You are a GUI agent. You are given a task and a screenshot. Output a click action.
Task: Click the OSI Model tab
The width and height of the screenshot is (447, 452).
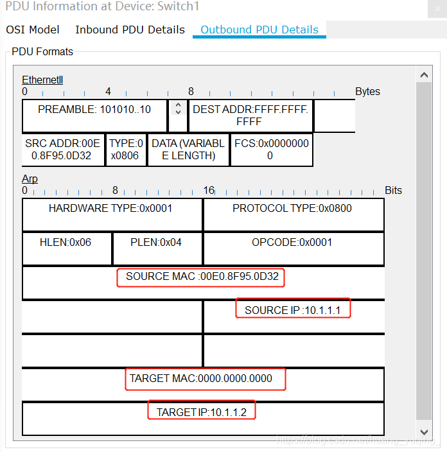click(32, 30)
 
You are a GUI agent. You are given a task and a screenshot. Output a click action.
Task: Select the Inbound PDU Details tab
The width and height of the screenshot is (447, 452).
click(130, 30)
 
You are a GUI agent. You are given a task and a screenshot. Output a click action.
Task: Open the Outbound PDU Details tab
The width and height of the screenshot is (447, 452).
click(259, 30)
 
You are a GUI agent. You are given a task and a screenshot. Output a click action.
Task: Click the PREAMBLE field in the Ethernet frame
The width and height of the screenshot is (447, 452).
click(94, 110)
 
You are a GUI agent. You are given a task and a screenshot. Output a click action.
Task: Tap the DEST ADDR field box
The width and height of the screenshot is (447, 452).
click(250, 115)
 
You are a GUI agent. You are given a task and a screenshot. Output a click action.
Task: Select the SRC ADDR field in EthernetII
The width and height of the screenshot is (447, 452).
click(62, 150)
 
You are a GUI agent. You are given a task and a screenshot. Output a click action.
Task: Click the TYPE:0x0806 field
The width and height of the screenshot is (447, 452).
click(126, 150)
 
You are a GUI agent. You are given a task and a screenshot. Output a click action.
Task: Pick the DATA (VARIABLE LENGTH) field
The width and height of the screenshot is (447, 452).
click(188, 150)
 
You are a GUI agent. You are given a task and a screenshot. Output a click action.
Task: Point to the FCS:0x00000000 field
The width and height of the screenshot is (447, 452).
click(270, 150)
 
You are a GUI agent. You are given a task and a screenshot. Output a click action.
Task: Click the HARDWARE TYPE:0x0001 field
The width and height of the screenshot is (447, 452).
click(110, 209)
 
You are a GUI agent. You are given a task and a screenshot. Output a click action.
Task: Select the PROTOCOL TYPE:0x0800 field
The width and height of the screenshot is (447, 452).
click(292, 209)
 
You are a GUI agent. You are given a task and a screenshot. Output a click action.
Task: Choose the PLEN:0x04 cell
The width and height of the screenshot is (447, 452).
click(156, 243)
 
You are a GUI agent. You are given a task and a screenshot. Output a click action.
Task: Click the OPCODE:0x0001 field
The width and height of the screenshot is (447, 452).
click(292, 243)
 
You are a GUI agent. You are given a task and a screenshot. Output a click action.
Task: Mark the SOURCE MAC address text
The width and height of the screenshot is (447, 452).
click(202, 277)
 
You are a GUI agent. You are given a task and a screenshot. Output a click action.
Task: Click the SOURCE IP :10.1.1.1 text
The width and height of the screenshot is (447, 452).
click(292, 310)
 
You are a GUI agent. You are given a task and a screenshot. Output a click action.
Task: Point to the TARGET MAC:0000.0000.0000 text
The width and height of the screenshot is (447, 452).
click(201, 378)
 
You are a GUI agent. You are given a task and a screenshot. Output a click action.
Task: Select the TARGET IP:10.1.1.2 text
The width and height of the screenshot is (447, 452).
click(202, 412)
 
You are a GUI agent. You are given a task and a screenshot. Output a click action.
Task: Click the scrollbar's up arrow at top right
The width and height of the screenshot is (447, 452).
click(424, 75)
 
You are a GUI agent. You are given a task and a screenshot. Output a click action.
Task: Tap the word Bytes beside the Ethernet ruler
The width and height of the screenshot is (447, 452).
click(367, 91)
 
